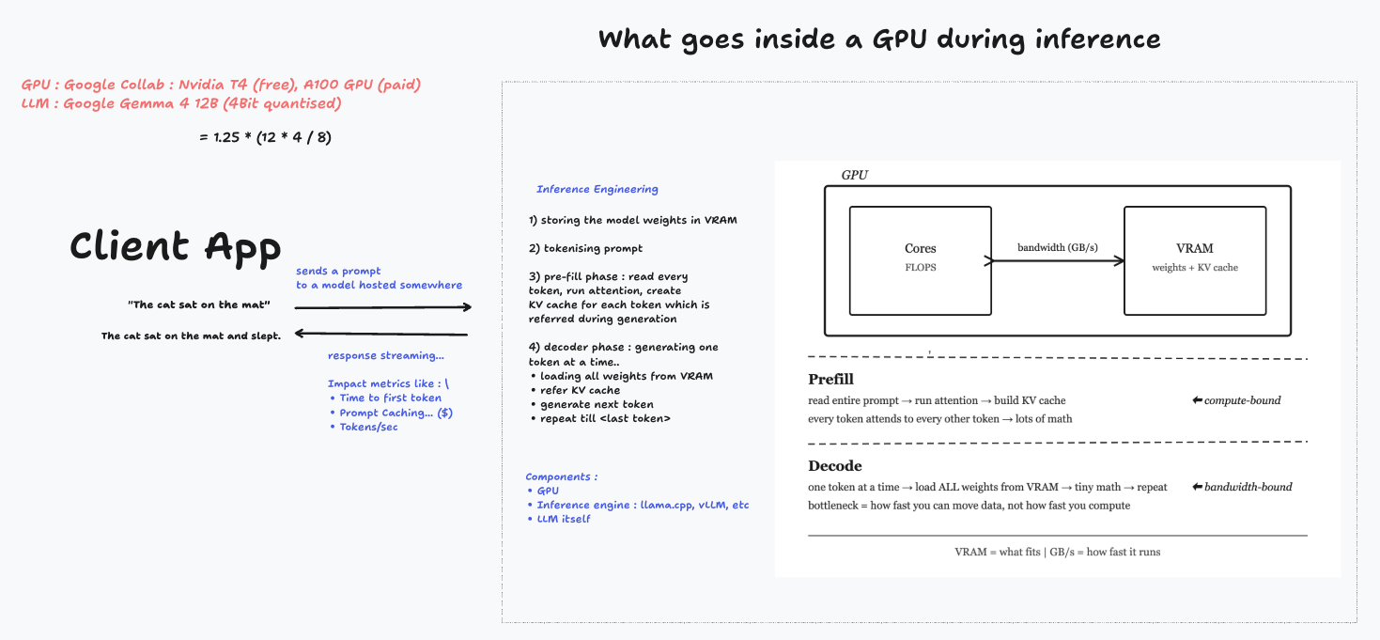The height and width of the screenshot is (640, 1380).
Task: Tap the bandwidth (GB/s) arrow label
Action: pyautogui.click(x=1057, y=247)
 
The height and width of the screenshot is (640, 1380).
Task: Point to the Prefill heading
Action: pyautogui.click(x=830, y=379)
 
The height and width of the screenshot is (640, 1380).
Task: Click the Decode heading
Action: pyautogui.click(x=835, y=465)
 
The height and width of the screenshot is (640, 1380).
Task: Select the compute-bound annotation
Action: pyautogui.click(x=1236, y=400)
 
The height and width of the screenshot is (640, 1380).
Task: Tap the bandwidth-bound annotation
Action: pyautogui.click(x=1242, y=487)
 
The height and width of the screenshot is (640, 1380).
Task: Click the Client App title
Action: pyautogui.click(x=176, y=246)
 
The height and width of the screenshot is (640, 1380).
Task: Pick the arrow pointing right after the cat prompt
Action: pyautogui.click(x=383, y=306)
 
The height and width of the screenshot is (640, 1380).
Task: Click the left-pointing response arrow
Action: pyautogui.click(x=381, y=334)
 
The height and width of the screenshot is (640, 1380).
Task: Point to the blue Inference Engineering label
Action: pyautogui.click(x=597, y=189)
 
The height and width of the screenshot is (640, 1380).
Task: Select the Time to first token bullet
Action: pyautogui.click(x=386, y=398)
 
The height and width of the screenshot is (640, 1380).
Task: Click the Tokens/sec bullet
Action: pyautogui.click(x=364, y=427)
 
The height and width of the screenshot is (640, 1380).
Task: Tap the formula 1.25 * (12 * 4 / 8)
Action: pyautogui.click(x=265, y=137)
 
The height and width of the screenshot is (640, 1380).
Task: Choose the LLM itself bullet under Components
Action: pyautogui.click(x=559, y=519)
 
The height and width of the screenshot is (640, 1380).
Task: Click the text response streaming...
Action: pyautogui.click(x=386, y=355)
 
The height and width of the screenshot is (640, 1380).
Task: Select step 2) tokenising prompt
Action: pyautogui.click(x=585, y=248)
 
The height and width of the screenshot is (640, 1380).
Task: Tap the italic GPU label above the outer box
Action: pyautogui.click(x=855, y=175)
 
